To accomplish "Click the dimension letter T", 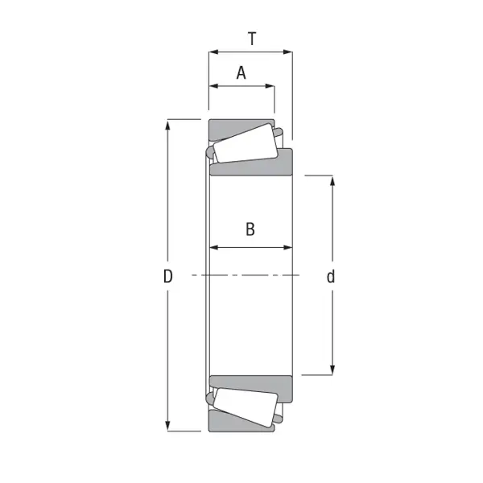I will tap(252, 38).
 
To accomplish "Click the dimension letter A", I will tap(242, 73).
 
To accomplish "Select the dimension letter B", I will tap(250, 229).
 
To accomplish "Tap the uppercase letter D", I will tap(168, 277).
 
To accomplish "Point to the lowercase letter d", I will tap(331, 277).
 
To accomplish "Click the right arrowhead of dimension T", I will tap(287, 52).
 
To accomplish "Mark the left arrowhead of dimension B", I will tap(214, 247).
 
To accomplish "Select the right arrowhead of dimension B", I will tap(287, 247).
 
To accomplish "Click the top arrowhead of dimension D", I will tap(168, 125).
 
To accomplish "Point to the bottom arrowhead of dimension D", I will tap(168, 426).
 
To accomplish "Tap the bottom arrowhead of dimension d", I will tap(332, 369).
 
